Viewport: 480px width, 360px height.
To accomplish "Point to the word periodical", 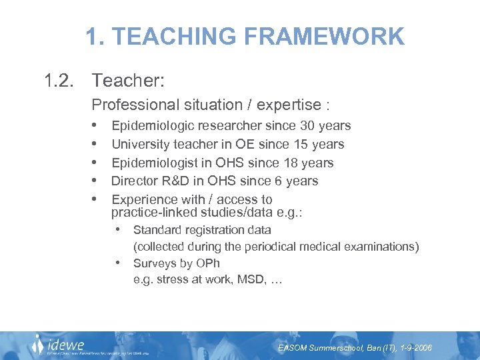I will coord(252,247).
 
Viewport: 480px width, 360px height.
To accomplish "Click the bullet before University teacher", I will coord(97,144).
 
